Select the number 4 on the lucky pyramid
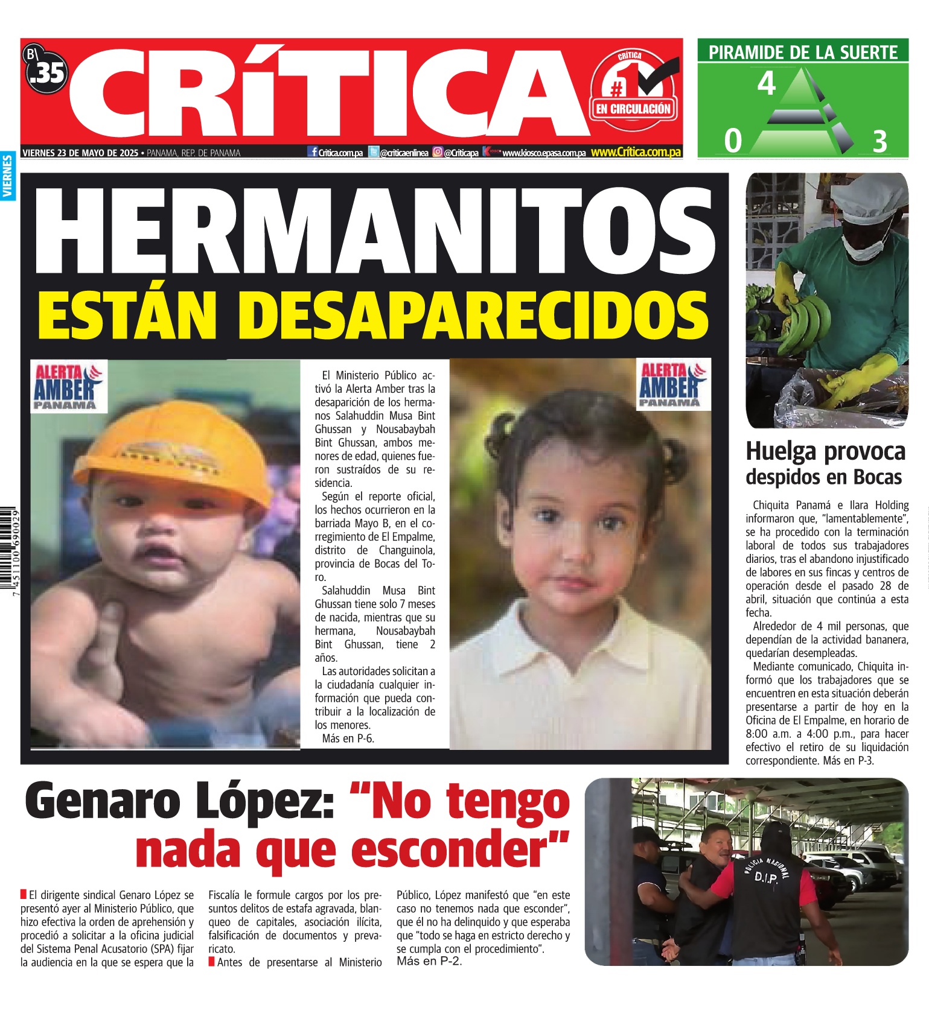pos(766,84)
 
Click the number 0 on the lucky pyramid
pos(733,141)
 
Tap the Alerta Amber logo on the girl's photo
pos(672,385)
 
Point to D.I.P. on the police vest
pos(766,877)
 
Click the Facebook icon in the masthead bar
pos(313,153)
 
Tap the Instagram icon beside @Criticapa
pos(438,153)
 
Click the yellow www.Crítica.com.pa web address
pos(636,152)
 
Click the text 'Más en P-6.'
pos(348,738)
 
